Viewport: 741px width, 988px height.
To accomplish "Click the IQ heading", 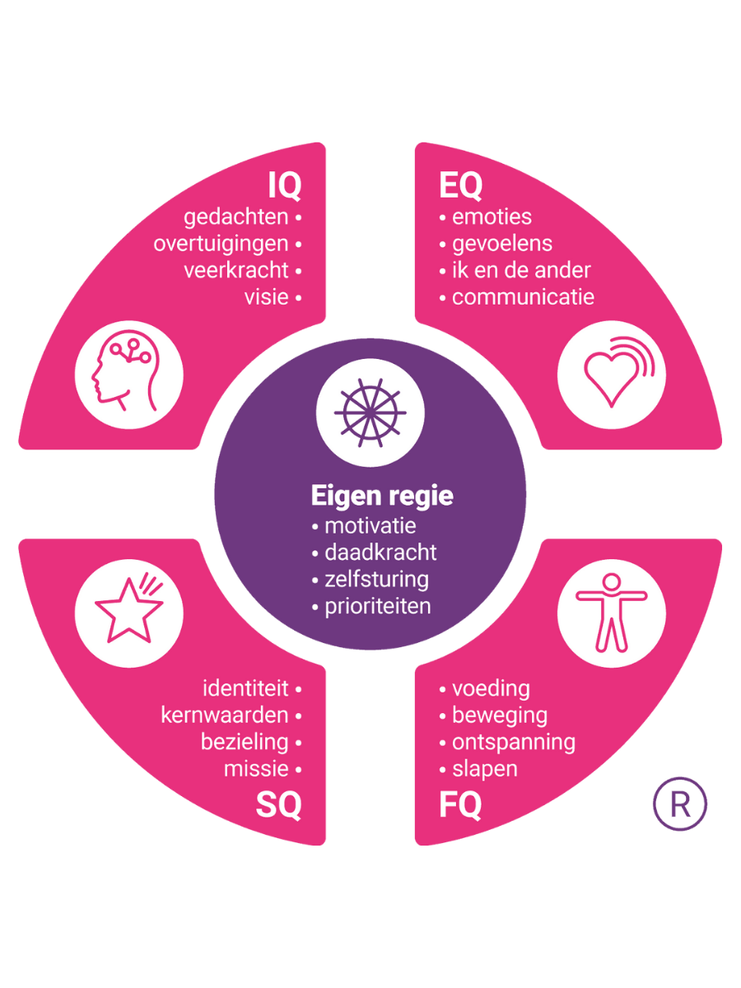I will click(285, 187).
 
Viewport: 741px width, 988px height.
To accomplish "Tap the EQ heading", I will click(460, 187).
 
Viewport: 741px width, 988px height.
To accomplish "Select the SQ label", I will click(278, 805).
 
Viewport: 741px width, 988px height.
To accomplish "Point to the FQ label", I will click(459, 805).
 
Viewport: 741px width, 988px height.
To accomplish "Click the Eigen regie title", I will click(382, 496).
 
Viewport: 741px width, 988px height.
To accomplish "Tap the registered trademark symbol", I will click(680, 804).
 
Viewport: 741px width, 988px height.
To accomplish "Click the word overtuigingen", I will click(221, 244).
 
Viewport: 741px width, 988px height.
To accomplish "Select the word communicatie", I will click(523, 296).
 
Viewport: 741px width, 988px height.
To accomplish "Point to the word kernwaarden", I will click(225, 715).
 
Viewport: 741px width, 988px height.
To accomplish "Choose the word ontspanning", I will click(514, 741).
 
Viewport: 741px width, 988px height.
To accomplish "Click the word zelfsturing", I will click(376, 579).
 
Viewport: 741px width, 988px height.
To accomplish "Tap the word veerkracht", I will click(236, 270).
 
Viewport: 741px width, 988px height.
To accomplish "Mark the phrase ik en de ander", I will click(521, 270).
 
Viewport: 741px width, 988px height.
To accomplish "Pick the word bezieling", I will click(245, 741).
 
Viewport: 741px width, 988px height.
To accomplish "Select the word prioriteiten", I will click(378, 606).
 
